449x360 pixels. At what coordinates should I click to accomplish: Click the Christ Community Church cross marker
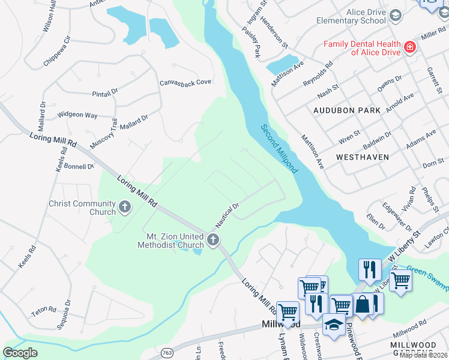tap(125, 207)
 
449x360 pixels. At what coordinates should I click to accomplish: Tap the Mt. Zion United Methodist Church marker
tap(212, 241)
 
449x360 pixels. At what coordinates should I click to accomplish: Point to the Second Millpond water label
tap(279, 148)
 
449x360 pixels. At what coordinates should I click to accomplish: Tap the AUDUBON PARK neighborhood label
tap(347, 110)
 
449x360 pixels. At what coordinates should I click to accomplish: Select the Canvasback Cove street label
tap(185, 82)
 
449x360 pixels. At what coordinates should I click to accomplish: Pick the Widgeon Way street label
tap(77, 115)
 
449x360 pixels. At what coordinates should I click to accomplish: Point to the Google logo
tap(20, 353)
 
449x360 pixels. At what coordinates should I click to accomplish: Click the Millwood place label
tap(280, 324)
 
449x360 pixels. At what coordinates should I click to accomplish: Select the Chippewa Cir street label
tap(57, 51)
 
